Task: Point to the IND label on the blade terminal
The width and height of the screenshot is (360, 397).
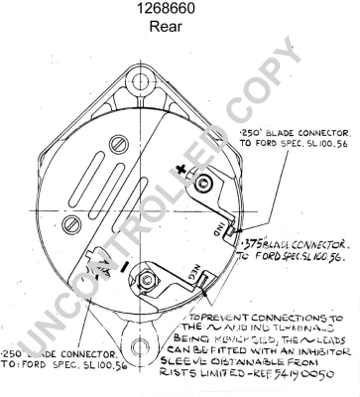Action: (x=217, y=230)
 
